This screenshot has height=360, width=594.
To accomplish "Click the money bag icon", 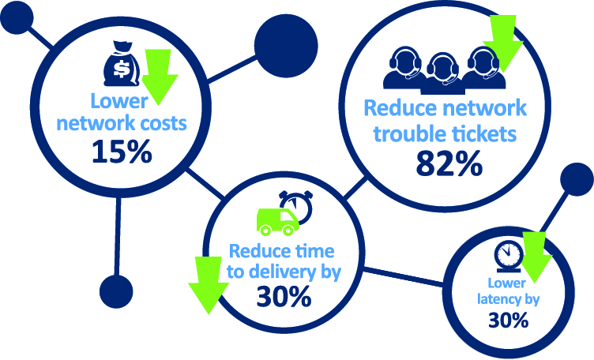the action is pos(122,64).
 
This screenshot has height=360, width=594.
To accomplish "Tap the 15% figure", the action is pos(122,152).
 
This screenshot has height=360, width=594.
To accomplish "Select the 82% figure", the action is pos(449,164).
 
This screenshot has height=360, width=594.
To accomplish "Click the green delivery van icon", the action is pos(278,222).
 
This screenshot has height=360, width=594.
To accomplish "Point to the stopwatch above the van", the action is pos(297,205).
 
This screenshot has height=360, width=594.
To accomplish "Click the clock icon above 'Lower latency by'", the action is pos(509,257).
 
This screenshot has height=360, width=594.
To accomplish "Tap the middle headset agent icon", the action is pos(443,74).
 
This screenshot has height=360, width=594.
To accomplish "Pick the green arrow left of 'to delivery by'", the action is pos(209,286).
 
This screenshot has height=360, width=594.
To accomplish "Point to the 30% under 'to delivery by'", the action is pos(284,296).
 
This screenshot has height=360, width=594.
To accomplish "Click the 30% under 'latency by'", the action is pos(508,321).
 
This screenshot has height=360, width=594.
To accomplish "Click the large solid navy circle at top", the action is pos(286,46).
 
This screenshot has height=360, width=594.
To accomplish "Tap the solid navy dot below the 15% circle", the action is pos(116,291).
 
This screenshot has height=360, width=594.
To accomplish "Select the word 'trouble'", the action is pos(410,133).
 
